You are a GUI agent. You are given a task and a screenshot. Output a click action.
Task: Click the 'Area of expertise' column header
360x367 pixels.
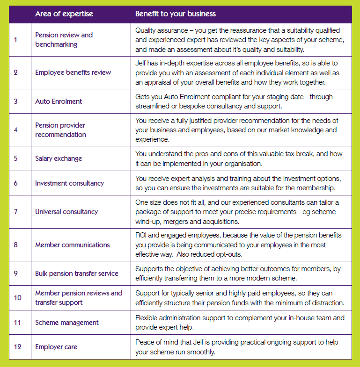click(64, 14)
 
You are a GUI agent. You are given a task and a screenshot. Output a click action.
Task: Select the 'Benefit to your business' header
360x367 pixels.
click(176, 14)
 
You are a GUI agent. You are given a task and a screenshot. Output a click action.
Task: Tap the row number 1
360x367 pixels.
click(15, 40)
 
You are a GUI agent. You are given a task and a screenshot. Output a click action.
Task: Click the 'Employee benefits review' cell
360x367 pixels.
click(73, 72)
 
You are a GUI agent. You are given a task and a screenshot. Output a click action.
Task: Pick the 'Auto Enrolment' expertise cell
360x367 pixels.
click(59, 101)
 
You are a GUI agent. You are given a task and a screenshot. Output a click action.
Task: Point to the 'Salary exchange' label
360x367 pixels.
click(59, 158)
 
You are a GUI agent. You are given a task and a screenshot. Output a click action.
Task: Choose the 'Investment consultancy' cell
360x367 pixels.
click(69, 183)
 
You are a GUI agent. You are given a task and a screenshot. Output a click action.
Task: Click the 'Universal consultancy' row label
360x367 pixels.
click(66, 211)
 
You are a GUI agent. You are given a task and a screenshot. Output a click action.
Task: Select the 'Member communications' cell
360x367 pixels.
click(73, 245)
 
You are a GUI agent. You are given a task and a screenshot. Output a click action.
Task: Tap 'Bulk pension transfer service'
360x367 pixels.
click(77, 273)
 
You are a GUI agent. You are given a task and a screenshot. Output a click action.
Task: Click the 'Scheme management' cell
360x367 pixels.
click(67, 322)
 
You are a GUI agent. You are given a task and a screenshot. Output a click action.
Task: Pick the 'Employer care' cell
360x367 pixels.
click(56, 347)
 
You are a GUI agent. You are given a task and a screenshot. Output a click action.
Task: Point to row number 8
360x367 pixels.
click(15, 245)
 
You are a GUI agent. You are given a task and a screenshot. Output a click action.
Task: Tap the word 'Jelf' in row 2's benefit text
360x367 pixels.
click(141, 63)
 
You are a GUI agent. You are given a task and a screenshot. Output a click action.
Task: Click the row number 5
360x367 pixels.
click(15, 158)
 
